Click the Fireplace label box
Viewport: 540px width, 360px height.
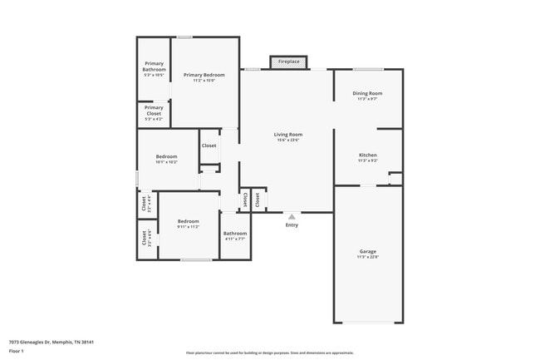(289, 62)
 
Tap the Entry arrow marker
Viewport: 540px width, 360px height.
(292, 215)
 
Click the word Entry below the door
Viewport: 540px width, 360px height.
(292, 225)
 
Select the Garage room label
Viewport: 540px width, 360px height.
(368, 251)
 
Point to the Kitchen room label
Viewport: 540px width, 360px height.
(368, 155)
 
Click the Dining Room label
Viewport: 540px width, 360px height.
(368, 93)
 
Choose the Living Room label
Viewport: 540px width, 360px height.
(288, 134)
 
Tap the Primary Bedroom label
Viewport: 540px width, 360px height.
(204, 75)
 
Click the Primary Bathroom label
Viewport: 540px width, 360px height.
(154, 67)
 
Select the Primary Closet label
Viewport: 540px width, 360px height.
(154, 110)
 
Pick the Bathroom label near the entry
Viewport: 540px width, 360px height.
(235, 233)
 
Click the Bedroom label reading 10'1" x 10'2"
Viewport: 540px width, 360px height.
(167, 156)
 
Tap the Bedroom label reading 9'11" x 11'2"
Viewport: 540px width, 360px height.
(189, 220)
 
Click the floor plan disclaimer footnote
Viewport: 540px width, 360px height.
(270, 353)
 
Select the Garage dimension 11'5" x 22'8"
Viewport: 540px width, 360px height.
(368, 257)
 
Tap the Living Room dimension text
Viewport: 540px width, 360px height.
(288, 140)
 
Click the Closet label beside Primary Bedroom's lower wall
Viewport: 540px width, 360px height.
(209, 145)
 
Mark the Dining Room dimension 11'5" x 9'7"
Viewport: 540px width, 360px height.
(368, 99)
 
